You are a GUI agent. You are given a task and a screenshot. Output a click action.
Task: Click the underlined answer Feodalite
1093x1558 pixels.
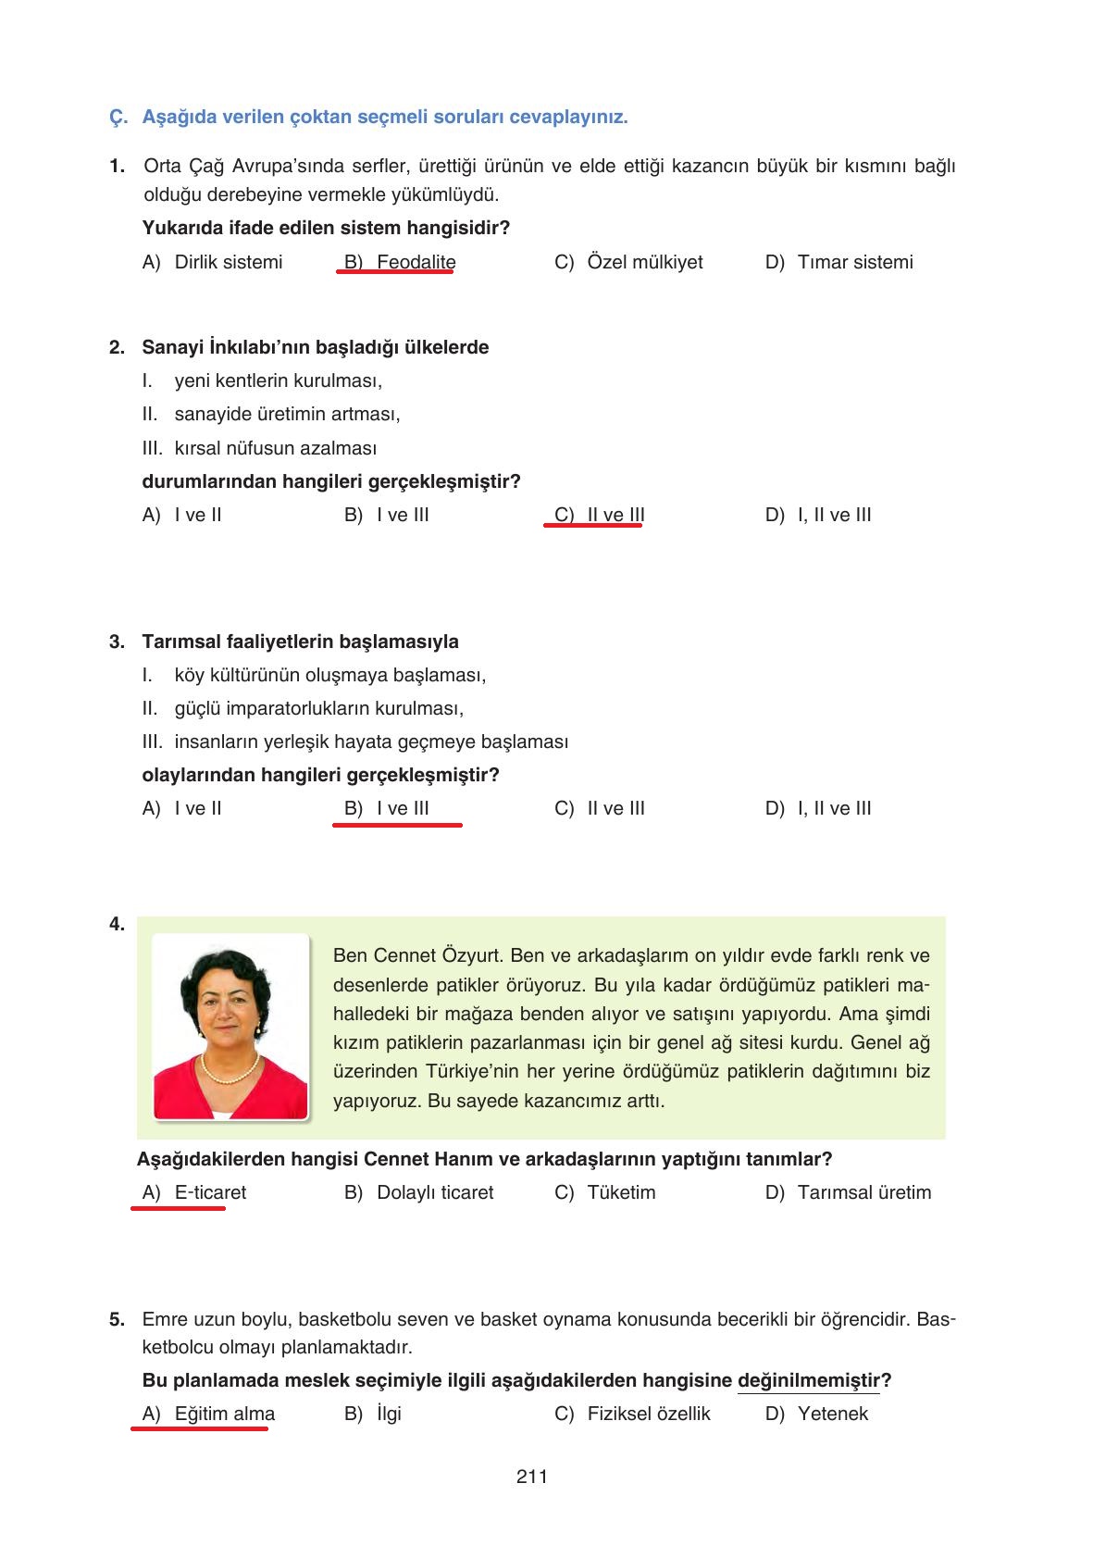416,262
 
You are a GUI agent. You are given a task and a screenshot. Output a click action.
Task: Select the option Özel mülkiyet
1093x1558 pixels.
644,262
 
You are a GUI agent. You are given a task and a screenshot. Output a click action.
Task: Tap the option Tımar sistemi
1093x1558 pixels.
854,262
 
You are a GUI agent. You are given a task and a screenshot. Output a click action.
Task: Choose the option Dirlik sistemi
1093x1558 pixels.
228,262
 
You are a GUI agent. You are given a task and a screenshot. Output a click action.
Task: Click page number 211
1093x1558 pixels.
532,1477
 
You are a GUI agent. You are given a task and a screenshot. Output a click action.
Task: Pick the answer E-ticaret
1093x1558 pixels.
210,1192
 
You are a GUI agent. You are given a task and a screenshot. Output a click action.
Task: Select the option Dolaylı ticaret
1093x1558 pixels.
435,1192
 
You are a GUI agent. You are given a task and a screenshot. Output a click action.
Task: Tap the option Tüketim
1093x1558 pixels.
621,1192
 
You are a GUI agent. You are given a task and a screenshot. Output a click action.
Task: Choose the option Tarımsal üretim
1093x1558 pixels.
863,1192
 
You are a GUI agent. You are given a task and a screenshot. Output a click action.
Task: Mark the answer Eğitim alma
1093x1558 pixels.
224,1414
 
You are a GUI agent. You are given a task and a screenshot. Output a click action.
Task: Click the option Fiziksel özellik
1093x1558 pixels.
649,1414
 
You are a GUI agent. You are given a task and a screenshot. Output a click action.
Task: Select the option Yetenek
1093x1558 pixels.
833,1414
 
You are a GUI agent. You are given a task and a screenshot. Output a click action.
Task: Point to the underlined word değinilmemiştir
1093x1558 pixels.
809,1380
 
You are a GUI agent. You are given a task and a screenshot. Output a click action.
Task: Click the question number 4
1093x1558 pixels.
117,924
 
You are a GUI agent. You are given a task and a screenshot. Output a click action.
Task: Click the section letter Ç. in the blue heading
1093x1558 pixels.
118,118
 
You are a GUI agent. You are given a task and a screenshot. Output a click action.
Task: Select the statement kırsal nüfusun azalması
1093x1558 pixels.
275,448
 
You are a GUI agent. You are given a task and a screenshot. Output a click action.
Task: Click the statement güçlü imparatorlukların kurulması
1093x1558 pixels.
318,708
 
